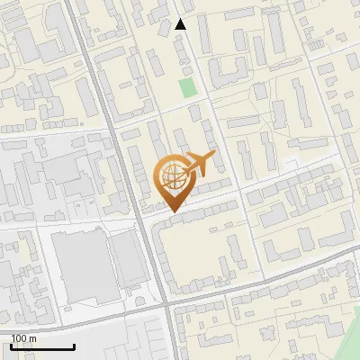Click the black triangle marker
[181, 24]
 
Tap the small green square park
[187, 87]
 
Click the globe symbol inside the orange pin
[171, 175]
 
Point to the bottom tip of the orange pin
[171, 212]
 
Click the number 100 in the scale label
[20, 338]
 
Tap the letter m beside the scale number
[33, 338]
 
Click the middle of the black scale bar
[43, 346]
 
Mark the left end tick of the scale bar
[13, 346]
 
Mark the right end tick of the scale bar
[74, 346]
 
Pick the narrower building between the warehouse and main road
[129, 257]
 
